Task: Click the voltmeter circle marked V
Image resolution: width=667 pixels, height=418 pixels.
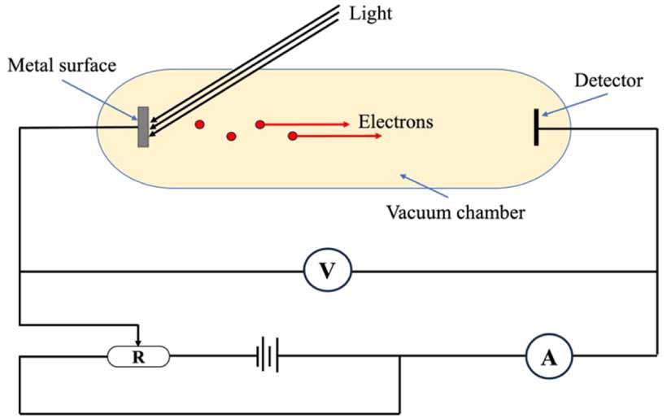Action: pos(328,272)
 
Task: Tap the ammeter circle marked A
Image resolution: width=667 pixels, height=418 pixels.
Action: pos(549,355)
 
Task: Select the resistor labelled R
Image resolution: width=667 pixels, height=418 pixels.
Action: pos(139,355)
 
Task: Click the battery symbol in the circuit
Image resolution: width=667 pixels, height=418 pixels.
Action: pos(267,355)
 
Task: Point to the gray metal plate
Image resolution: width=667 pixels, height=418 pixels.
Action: pos(143,127)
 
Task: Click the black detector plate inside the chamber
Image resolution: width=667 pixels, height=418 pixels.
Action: pos(537,127)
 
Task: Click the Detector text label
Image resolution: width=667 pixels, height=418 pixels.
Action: pos(608,81)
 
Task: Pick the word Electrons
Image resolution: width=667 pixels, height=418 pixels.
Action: pos(395,123)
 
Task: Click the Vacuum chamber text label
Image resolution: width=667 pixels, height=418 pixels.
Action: pos(456,214)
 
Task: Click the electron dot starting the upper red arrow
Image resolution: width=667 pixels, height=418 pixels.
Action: pos(260,124)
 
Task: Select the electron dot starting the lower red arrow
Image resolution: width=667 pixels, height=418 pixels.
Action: pos(292,136)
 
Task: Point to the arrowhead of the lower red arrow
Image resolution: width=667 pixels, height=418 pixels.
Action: pos(378,136)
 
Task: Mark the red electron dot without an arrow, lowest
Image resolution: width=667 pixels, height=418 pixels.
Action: pos(232,137)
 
